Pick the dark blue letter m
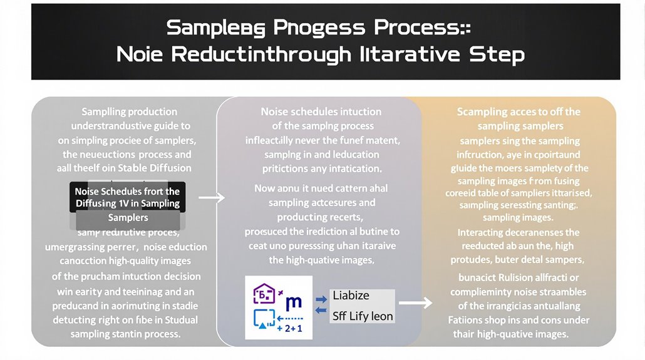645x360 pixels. pyautogui.click(x=293, y=303)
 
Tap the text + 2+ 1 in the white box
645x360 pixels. pyautogui.click(x=288, y=327)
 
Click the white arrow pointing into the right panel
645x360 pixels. pyautogui.click(x=416, y=303)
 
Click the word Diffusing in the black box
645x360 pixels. pyautogui.click(x=96, y=203)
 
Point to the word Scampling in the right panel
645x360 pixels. pyautogui.click(x=482, y=112)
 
